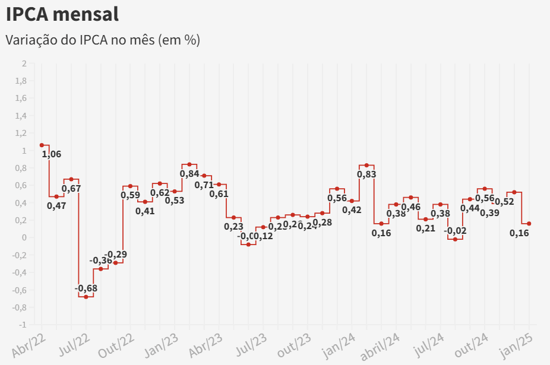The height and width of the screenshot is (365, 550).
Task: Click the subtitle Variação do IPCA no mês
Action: pyautogui.click(x=103, y=40)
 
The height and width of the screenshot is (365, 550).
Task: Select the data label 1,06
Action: pyautogui.click(x=52, y=154)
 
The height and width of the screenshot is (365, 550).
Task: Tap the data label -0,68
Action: pyautogui.click(x=86, y=288)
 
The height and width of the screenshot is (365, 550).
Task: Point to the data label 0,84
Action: pyautogui.click(x=189, y=174)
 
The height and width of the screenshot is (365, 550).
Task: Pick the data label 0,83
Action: pyautogui.click(x=366, y=174)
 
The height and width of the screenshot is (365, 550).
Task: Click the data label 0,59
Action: pyautogui.click(x=131, y=195)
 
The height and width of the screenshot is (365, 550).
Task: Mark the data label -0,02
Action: pyautogui.click(x=456, y=231)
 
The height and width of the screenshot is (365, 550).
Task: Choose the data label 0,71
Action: pyautogui.click(x=204, y=185)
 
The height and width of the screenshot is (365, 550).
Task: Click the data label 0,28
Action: pyautogui.click(x=323, y=223)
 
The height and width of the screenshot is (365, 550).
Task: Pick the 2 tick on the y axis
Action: pyautogui.click(x=24, y=64)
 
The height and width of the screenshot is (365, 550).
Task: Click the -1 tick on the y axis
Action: pyautogui.click(x=23, y=325)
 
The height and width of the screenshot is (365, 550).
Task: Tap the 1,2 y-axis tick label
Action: pyautogui.click(x=21, y=134)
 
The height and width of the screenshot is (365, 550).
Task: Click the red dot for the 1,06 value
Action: pyautogui.click(x=42, y=145)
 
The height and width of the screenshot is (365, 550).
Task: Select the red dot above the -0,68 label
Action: pyautogui.click(x=86, y=297)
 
